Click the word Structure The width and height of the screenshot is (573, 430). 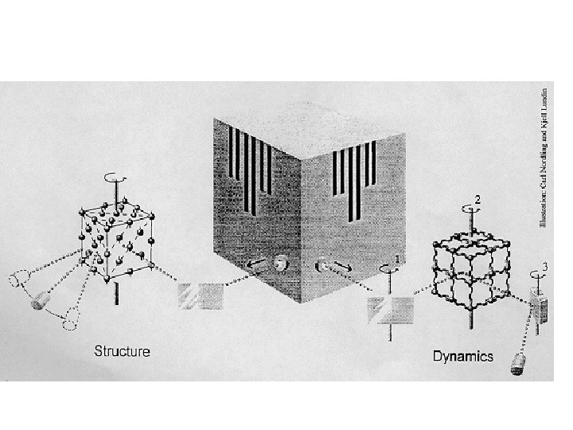(x=122, y=350)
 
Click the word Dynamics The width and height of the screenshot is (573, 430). (x=463, y=356)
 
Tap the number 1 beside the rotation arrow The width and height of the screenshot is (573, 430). (x=397, y=259)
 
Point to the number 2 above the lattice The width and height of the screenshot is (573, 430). (x=477, y=197)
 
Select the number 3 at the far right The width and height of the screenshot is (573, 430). (x=544, y=265)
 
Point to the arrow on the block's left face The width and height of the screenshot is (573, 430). (x=256, y=265)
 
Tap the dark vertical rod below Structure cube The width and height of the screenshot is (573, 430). (x=117, y=291)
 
